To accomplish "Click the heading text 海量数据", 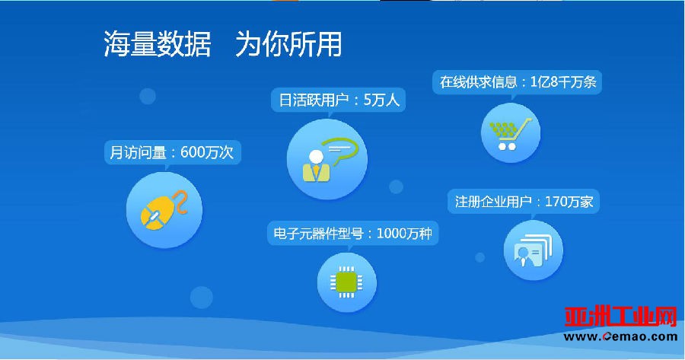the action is click(x=158, y=44).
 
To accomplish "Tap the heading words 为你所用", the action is click(x=288, y=44).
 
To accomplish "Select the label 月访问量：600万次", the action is click(x=172, y=152).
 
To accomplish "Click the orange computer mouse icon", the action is click(x=164, y=210).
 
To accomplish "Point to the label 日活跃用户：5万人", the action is click(x=339, y=100).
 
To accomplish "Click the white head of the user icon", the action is click(x=315, y=157).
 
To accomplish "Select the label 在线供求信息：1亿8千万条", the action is click(x=518, y=81).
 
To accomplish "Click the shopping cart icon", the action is click(x=510, y=134).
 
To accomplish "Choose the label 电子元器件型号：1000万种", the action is click(x=352, y=234).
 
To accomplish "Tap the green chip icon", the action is click(x=346, y=282).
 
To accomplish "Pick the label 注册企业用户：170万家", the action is click(x=524, y=202).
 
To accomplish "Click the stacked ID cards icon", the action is click(x=533, y=250).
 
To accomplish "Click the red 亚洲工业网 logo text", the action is click(x=620, y=317).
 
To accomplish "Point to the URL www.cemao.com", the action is click(x=620, y=336).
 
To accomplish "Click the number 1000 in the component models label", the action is click(x=391, y=234).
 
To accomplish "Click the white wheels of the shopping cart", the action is click(x=507, y=146).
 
